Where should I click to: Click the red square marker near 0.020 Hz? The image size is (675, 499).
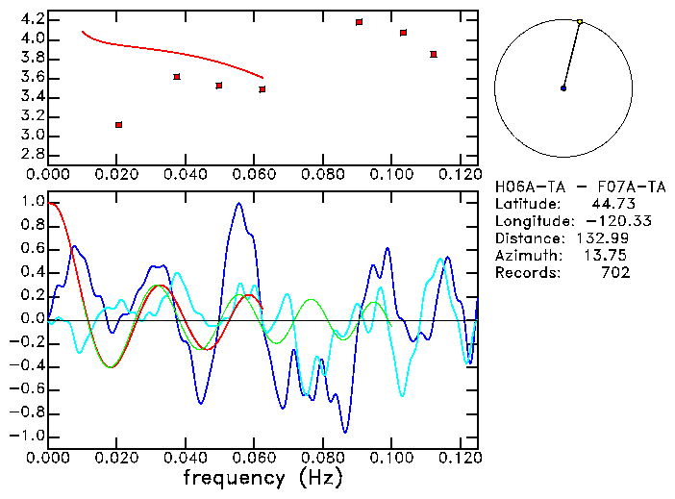click(x=118, y=125)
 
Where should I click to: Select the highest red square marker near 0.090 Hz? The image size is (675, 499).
click(x=359, y=22)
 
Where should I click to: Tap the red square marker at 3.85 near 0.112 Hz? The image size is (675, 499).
click(x=434, y=55)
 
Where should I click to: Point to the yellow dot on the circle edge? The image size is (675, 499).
click(x=580, y=21)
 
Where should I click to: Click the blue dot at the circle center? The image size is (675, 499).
click(x=563, y=88)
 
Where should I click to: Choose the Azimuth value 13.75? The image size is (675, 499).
click(x=610, y=256)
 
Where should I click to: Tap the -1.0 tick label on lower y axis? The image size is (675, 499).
click(x=29, y=436)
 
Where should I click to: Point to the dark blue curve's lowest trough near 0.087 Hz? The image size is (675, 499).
click(x=345, y=432)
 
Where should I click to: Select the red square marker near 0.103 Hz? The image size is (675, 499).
click(x=403, y=33)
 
